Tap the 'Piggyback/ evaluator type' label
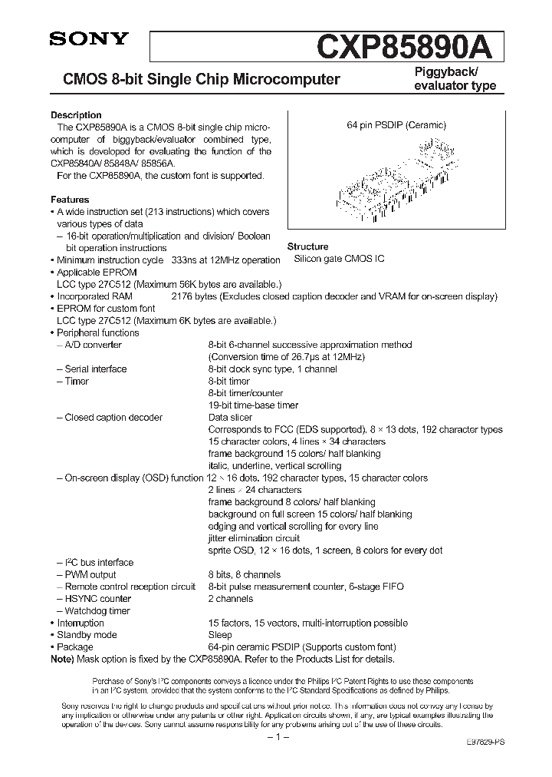[455, 78]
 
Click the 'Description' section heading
[76, 115]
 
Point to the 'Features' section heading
[70, 200]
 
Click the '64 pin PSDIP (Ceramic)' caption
[396, 125]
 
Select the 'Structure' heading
[307, 247]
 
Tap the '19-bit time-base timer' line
[253, 405]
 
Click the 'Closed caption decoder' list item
[113, 418]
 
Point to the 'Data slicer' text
[231, 418]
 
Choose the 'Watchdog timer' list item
[97, 611]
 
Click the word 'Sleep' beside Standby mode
[220, 635]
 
